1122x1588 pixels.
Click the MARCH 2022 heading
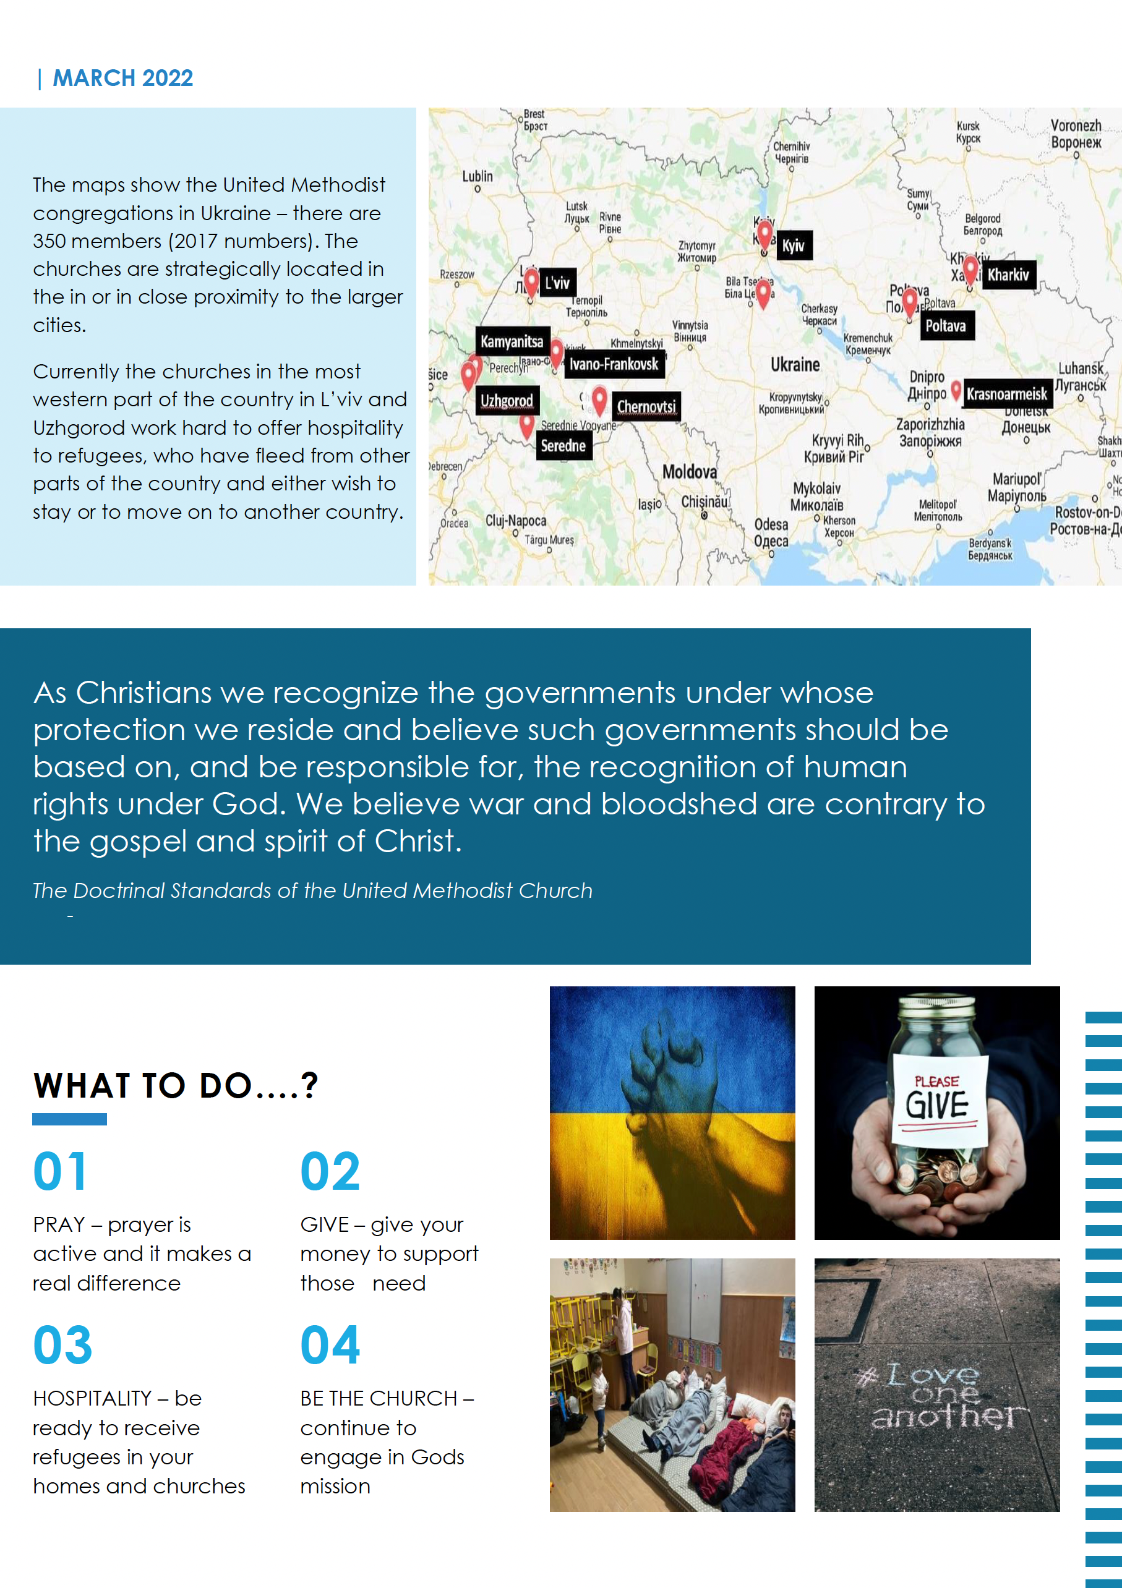[x=122, y=78]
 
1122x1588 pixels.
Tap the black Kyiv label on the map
[x=793, y=245]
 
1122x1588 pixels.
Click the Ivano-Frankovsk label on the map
[x=614, y=364]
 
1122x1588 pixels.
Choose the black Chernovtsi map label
[x=646, y=407]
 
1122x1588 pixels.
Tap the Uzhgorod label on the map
[x=507, y=401]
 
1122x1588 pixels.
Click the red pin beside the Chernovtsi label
[x=600, y=399]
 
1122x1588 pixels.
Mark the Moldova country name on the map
[x=689, y=472]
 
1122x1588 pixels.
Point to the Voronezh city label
[x=1076, y=134]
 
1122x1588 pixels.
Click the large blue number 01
[x=61, y=1172]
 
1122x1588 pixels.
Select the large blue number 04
[x=330, y=1345]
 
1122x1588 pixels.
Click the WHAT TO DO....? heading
[x=176, y=1086]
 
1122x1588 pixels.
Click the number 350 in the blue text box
[x=49, y=241]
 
